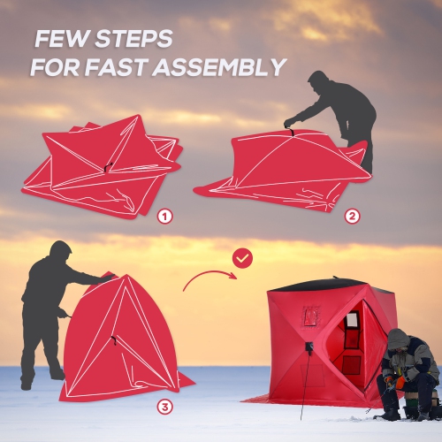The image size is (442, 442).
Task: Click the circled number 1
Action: [164, 216]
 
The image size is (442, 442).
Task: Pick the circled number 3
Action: [164, 407]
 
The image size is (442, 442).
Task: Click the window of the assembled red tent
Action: [352, 331]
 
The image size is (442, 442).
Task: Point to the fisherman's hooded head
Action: [399, 339]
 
